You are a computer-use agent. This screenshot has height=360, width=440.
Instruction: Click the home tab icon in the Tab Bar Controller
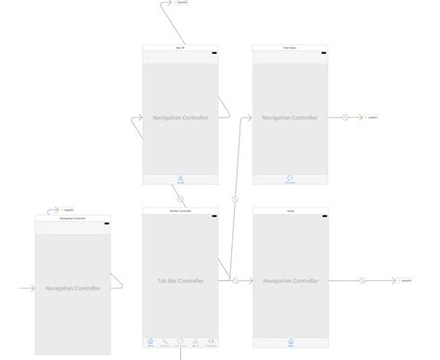[x=149, y=341]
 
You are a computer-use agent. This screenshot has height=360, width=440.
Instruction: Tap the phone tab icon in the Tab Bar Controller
[x=165, y=341]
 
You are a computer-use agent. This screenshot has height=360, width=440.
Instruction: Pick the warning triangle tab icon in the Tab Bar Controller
[x=196, y=341]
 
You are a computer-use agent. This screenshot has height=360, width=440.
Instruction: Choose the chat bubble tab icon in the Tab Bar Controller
[x=180, y=341]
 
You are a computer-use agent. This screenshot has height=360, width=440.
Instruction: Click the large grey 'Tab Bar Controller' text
[x=180, y=280]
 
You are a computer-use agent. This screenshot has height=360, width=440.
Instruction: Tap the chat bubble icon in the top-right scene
[x=290, y=178]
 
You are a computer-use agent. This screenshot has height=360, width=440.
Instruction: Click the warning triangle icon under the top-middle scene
[x=180, y=178]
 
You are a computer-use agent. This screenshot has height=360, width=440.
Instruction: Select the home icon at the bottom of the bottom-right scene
[x=290, y=341]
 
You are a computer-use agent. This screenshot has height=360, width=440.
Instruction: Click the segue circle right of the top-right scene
[x=344, y=118]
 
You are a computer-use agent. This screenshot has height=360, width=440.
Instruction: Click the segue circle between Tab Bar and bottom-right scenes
[x=236, y=280]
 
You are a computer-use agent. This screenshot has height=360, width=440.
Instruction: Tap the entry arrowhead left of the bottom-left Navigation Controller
[x=32, y=288]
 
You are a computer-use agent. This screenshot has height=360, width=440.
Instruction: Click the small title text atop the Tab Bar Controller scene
[x=180, y=211]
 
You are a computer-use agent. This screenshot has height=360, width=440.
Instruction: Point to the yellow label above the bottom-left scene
[x=68, y=211]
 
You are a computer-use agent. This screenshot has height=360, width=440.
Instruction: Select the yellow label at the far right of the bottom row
[x=407, y=280]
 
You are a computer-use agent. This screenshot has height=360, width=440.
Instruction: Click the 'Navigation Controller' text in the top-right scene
[x=290, y=118]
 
